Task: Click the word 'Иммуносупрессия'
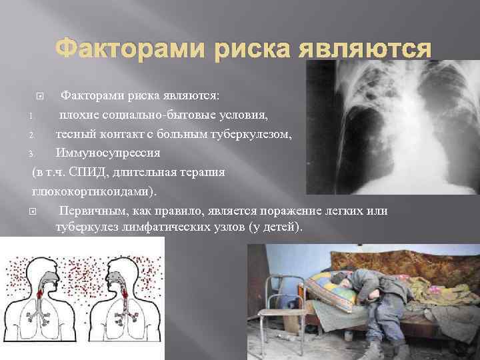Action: pyautogui.click(x=107, y=153)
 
